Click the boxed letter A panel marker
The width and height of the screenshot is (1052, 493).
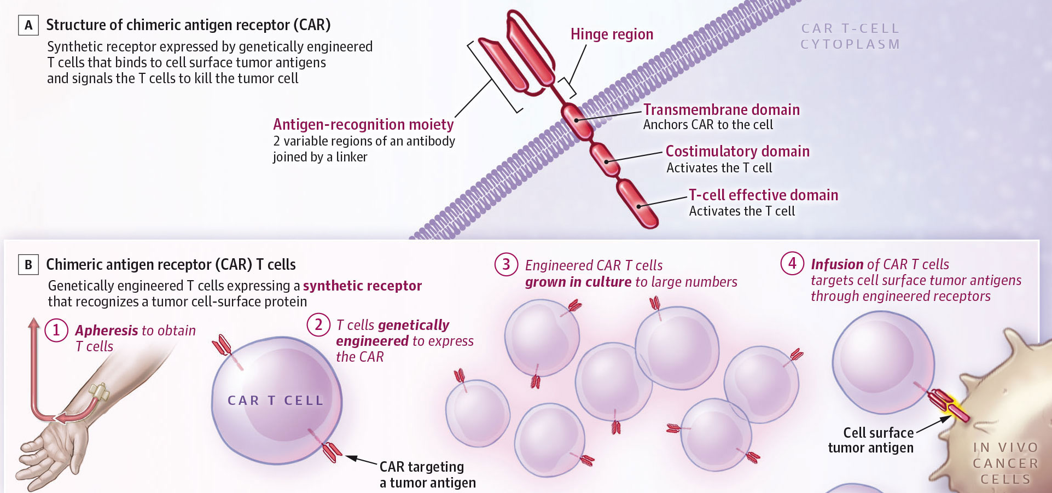coord(28,25)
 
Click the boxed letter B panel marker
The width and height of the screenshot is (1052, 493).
coord(28,265)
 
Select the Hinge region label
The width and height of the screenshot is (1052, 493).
coord(612,34)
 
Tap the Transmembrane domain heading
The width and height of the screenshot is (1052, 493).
coord(721,110)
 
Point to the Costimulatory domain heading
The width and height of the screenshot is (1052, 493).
coord(737,152)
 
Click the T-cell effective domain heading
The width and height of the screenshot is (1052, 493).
coord(763,195)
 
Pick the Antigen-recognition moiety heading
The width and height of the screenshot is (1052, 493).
coord(363,125)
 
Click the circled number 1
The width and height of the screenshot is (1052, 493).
coord(56,330)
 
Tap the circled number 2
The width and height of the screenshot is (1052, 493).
coord(318,324)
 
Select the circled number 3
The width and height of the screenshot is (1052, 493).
coord(506,264)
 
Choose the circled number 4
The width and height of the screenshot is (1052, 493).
coord(792,263)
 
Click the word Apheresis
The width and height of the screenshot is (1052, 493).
coord(107,330)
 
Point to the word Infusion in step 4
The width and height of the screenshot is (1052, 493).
coord(837,264)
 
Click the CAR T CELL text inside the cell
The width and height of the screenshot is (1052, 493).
coord(276,401)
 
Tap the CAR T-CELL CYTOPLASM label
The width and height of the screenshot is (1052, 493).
coord(850,36)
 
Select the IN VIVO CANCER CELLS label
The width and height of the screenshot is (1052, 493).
coord(1005,463)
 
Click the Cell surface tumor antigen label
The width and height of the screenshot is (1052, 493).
coord(871,440)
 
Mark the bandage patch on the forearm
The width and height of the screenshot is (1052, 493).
coord(99,392)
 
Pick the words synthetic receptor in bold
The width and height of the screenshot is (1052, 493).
coord(362,286)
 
